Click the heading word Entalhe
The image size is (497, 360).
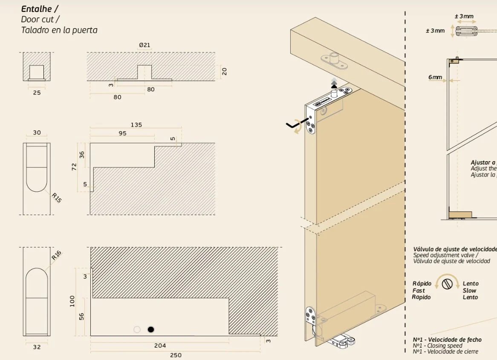coord(37,9)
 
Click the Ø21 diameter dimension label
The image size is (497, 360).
coord(144,45)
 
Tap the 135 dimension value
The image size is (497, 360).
coord(136,125)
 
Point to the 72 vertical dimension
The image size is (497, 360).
coord(74,166)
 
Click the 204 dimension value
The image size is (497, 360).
coord(160,346)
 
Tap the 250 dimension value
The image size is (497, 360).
coord(176,355)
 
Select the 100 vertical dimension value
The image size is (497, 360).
coord(72,302)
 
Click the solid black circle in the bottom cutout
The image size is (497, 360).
coord(150,329)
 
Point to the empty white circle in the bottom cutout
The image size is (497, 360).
coord(137,329)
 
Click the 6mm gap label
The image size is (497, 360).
coord(435,78)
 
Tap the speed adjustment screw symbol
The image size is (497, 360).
coord(447,284)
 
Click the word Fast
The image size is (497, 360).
coord(419,291)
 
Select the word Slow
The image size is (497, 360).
coord(469,291)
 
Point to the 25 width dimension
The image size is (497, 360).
coord(37,92)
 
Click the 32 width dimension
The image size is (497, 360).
coord(37,347)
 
